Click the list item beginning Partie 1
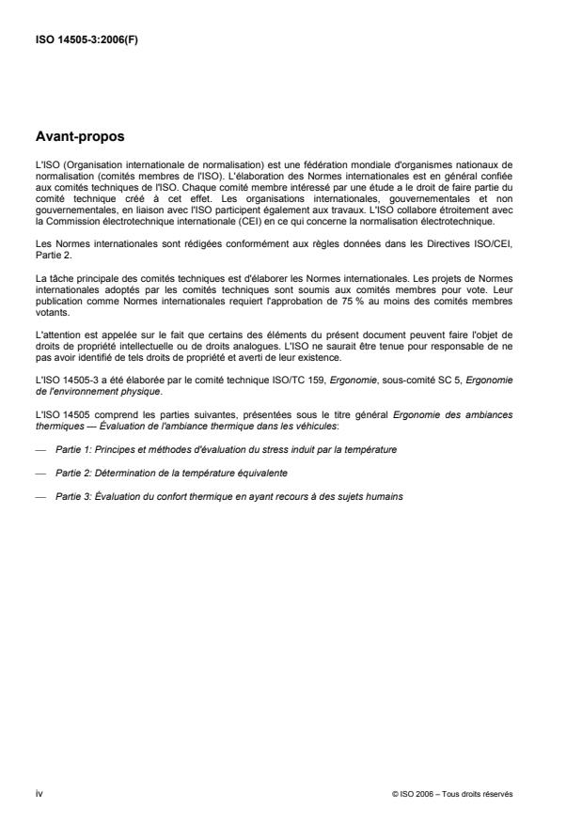click(x=226, y=450)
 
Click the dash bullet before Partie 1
click(x=40, y=450)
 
